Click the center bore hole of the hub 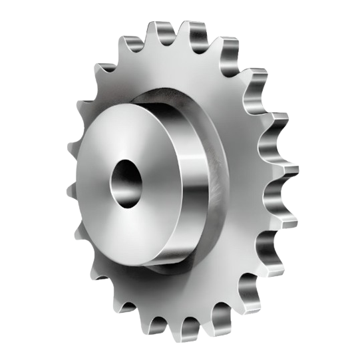(123, 181)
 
